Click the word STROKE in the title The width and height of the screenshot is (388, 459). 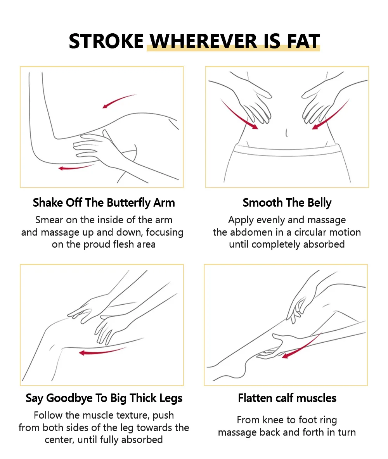(x=106, y=41)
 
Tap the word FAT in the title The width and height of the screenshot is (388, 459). (x=303, y=41)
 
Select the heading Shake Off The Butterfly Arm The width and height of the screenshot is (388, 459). (x=104, y=203)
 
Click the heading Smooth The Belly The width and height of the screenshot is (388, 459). (x=287, y=203)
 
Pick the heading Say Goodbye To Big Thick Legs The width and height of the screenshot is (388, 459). (x=104, y=398)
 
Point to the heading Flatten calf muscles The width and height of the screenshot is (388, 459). (x=287, y=398)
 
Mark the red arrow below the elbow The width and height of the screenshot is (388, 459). (x=76, y=168)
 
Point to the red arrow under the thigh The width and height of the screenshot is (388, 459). (x=102, y=352)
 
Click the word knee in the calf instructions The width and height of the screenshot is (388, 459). (x=274, y=420)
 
